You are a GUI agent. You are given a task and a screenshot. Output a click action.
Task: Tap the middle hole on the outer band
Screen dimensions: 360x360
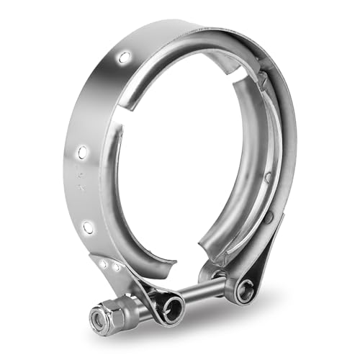[83, 152]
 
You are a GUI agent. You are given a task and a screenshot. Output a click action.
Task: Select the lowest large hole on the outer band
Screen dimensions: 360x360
[88, 228]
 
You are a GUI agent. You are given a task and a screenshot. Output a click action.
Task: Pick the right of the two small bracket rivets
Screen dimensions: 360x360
[115, 267]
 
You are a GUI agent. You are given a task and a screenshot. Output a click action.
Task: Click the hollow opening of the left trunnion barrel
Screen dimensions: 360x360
[173, 307]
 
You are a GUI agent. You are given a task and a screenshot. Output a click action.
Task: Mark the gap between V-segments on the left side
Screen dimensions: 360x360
[120, 127]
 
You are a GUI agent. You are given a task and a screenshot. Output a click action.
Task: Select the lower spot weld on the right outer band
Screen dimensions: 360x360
[268, 217]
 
